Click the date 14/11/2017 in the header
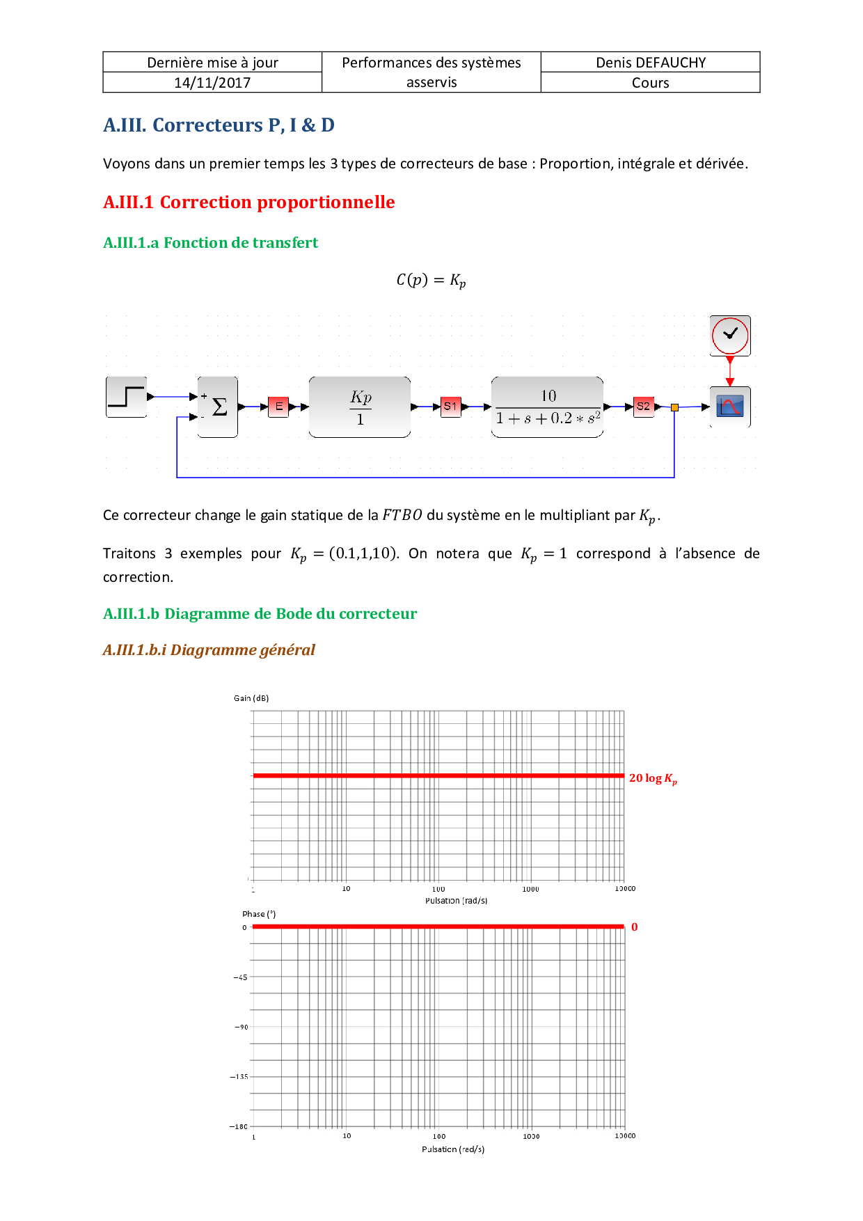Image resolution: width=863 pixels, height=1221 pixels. pyautogui.click(x=212, y=83)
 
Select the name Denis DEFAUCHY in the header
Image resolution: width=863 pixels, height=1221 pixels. pyautogui.click(x=651, y=63)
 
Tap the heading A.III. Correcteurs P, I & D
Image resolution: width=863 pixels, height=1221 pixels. pyautogui.click(x=219, y=125)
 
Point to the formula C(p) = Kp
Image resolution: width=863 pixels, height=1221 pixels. pyautogui.click(x=431, y=281)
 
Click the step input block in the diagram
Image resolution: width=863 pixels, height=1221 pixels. pyautogui.click(x=127, y=397)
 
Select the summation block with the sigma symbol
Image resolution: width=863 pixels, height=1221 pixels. pyautogui.click(x=218, y=407)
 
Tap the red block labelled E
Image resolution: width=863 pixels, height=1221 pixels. pyautogui.click(x=278, y=407)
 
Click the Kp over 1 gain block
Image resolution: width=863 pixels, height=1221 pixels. pyautogui.click(x=360, y=407)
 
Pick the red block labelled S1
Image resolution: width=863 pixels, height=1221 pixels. pyautogui.click(x=450, y=407)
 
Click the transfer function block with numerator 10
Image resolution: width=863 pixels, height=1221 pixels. pyautogui.click(x=548, y=407)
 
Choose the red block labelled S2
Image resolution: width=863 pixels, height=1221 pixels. pyautogui.click(x=643, y=407)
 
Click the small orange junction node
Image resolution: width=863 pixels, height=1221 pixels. pyautogui.click(x=674, y=407)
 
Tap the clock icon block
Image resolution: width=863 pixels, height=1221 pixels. pyautogui.click(x=730, y=335)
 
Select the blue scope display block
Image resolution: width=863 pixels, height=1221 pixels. pyautogui.click(x=730, y=407)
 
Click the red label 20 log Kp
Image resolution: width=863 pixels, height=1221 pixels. pyautogui.click(x=653, y=778)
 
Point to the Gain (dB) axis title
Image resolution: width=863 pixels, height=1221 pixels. pyautogui.click(x=251, y=698)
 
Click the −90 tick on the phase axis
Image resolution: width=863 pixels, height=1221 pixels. pyautogui.click(x=241, y=1027)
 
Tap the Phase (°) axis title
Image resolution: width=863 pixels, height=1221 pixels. pyautogui.click(x=259, y=914)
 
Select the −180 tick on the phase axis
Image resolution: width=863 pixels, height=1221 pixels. pyautogui.click(x=239, y=1126)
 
